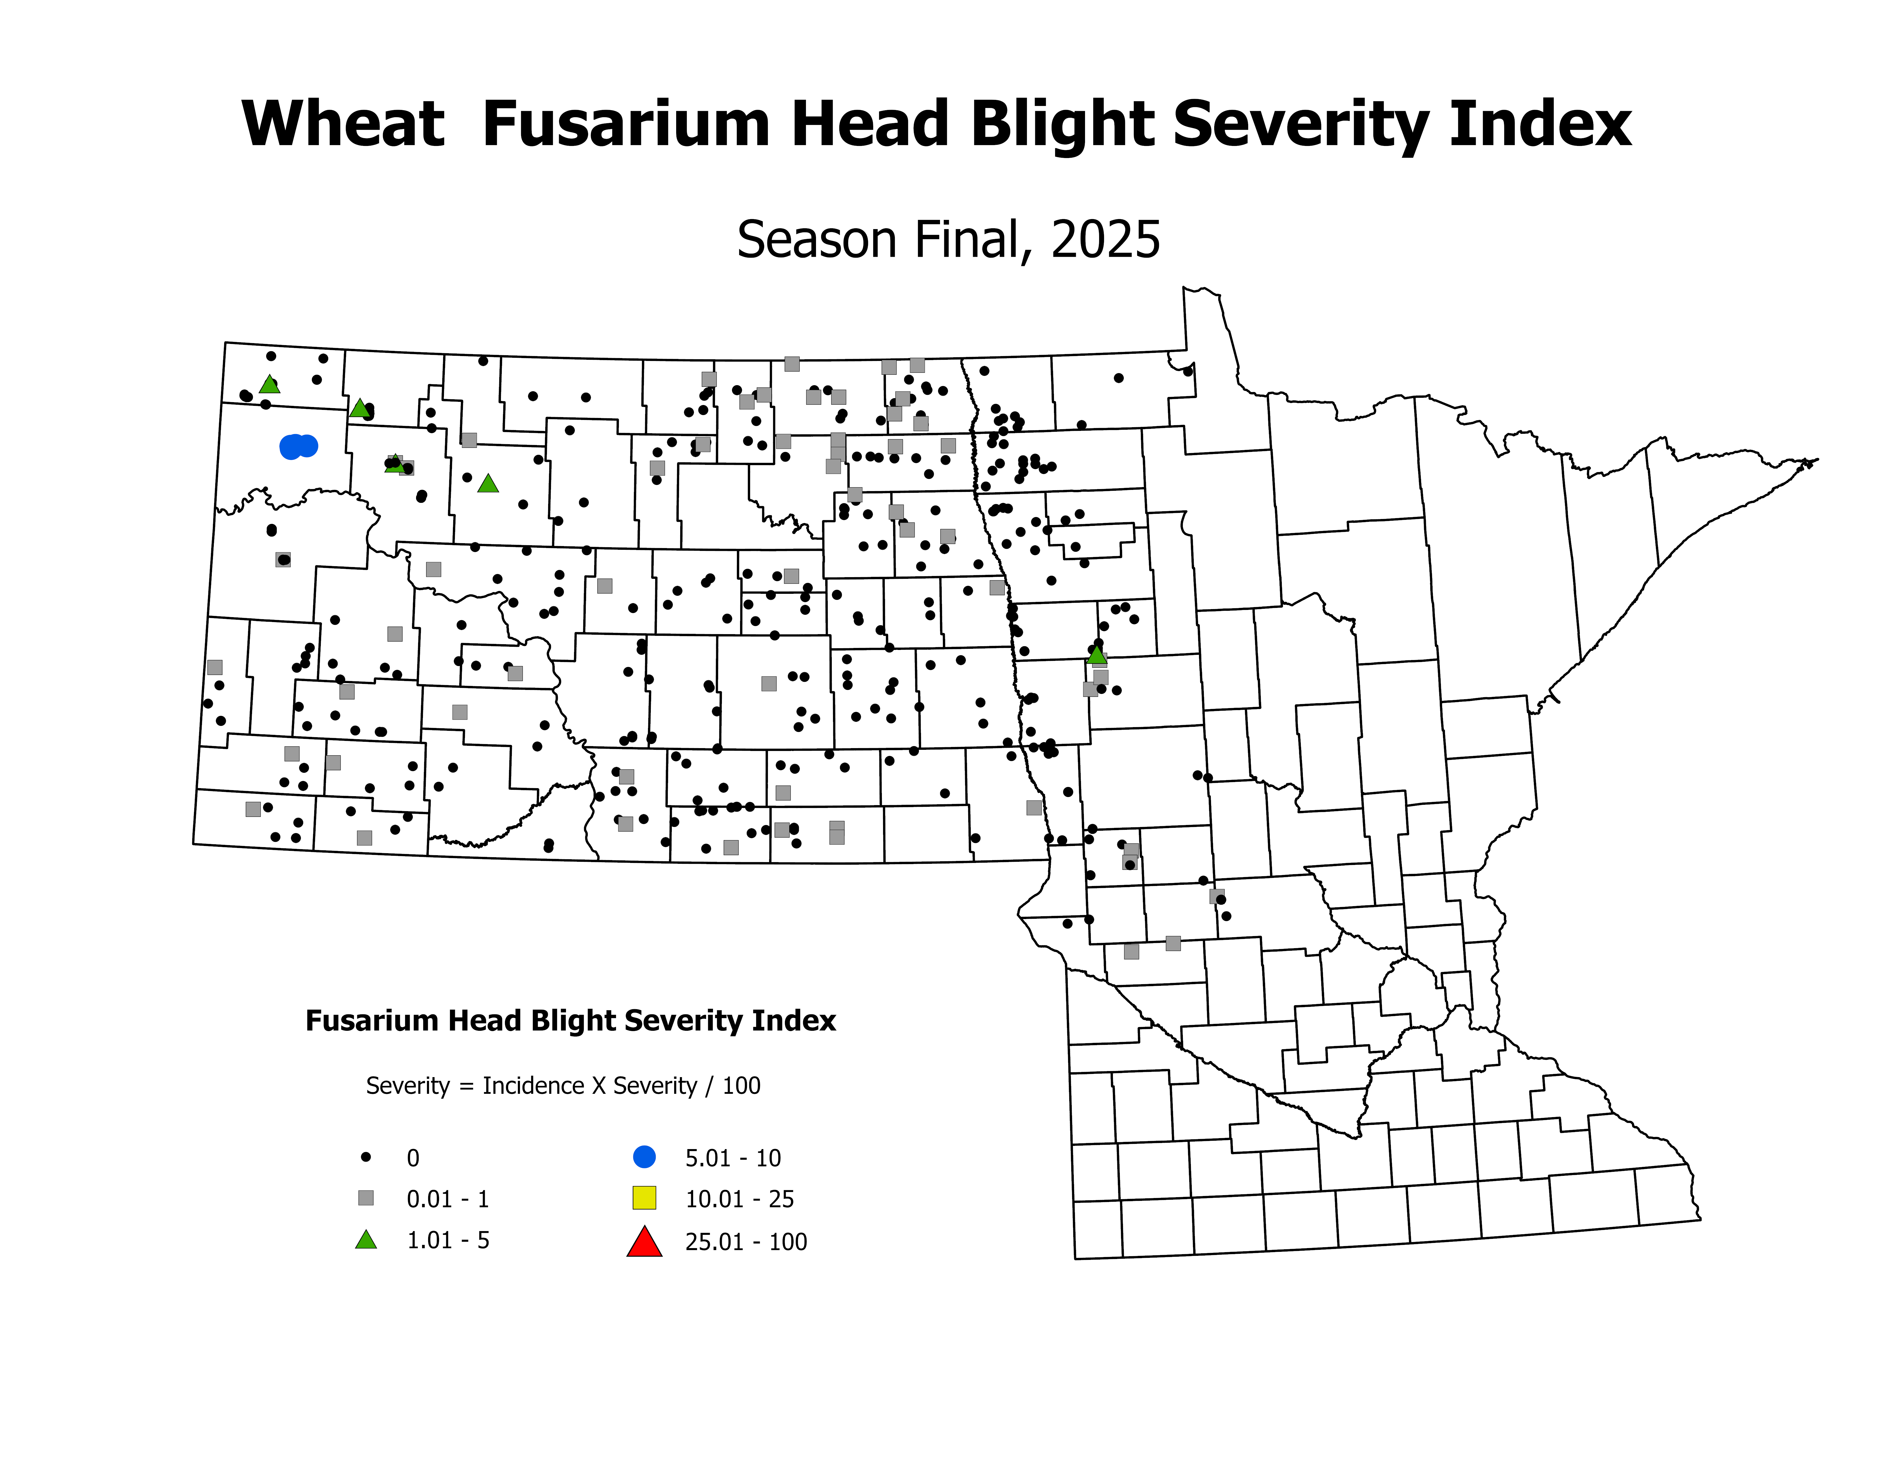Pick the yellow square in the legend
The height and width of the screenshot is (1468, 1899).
point(644,1198)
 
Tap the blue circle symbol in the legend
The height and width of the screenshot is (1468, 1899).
point(644,1157)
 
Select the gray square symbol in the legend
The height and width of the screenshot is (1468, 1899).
point(366,1198)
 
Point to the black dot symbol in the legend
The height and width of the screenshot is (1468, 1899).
point(366,1157)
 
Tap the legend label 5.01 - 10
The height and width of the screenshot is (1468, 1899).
point(733,1158)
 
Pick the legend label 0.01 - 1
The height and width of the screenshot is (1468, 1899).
point(448,1199)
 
